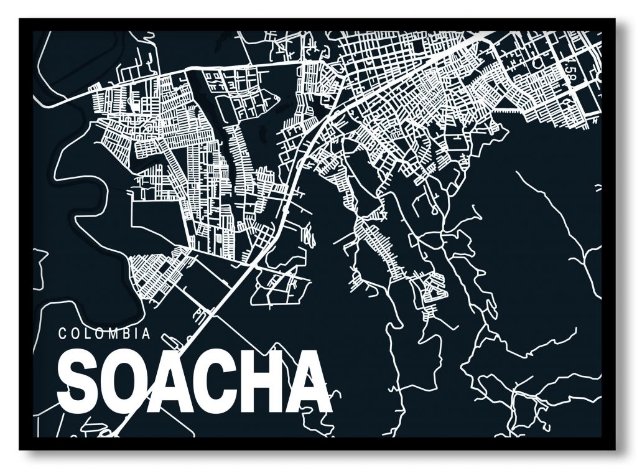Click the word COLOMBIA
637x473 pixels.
click(x=105, y=334)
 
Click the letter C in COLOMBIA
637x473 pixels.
click(x=63, y=334)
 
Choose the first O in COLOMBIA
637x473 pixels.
click(x=75, y=334)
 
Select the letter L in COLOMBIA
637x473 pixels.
click(x=86, y=334)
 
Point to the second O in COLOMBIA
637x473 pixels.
click(x=98, y=334)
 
